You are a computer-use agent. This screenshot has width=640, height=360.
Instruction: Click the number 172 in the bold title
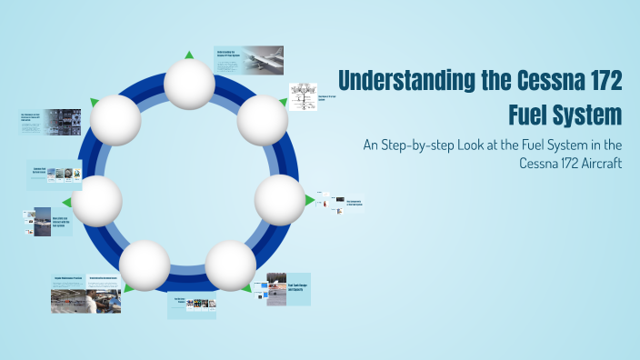[x=596, y=81]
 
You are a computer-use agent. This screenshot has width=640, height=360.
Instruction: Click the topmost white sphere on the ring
[x=189, y=85]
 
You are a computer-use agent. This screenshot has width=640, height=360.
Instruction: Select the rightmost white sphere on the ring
[x=279, y=199]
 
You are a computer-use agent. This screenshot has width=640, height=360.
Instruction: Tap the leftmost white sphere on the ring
[x=96, y=201]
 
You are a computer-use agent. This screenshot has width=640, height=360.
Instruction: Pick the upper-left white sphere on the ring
[x=116, y=119]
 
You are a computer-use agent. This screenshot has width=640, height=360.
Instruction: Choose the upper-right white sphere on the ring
[x=263, y=119]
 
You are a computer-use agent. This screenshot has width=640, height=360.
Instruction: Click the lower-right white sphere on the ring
[x=230, y=265]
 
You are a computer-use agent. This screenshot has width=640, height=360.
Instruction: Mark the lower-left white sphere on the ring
[x=145, y=265]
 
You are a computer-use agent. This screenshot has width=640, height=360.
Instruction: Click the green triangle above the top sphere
[x=189, y=55]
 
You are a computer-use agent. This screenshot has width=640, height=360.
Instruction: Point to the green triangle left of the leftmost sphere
[x=65, y=202]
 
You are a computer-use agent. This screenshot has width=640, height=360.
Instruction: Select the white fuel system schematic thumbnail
[x=302, y=96]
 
